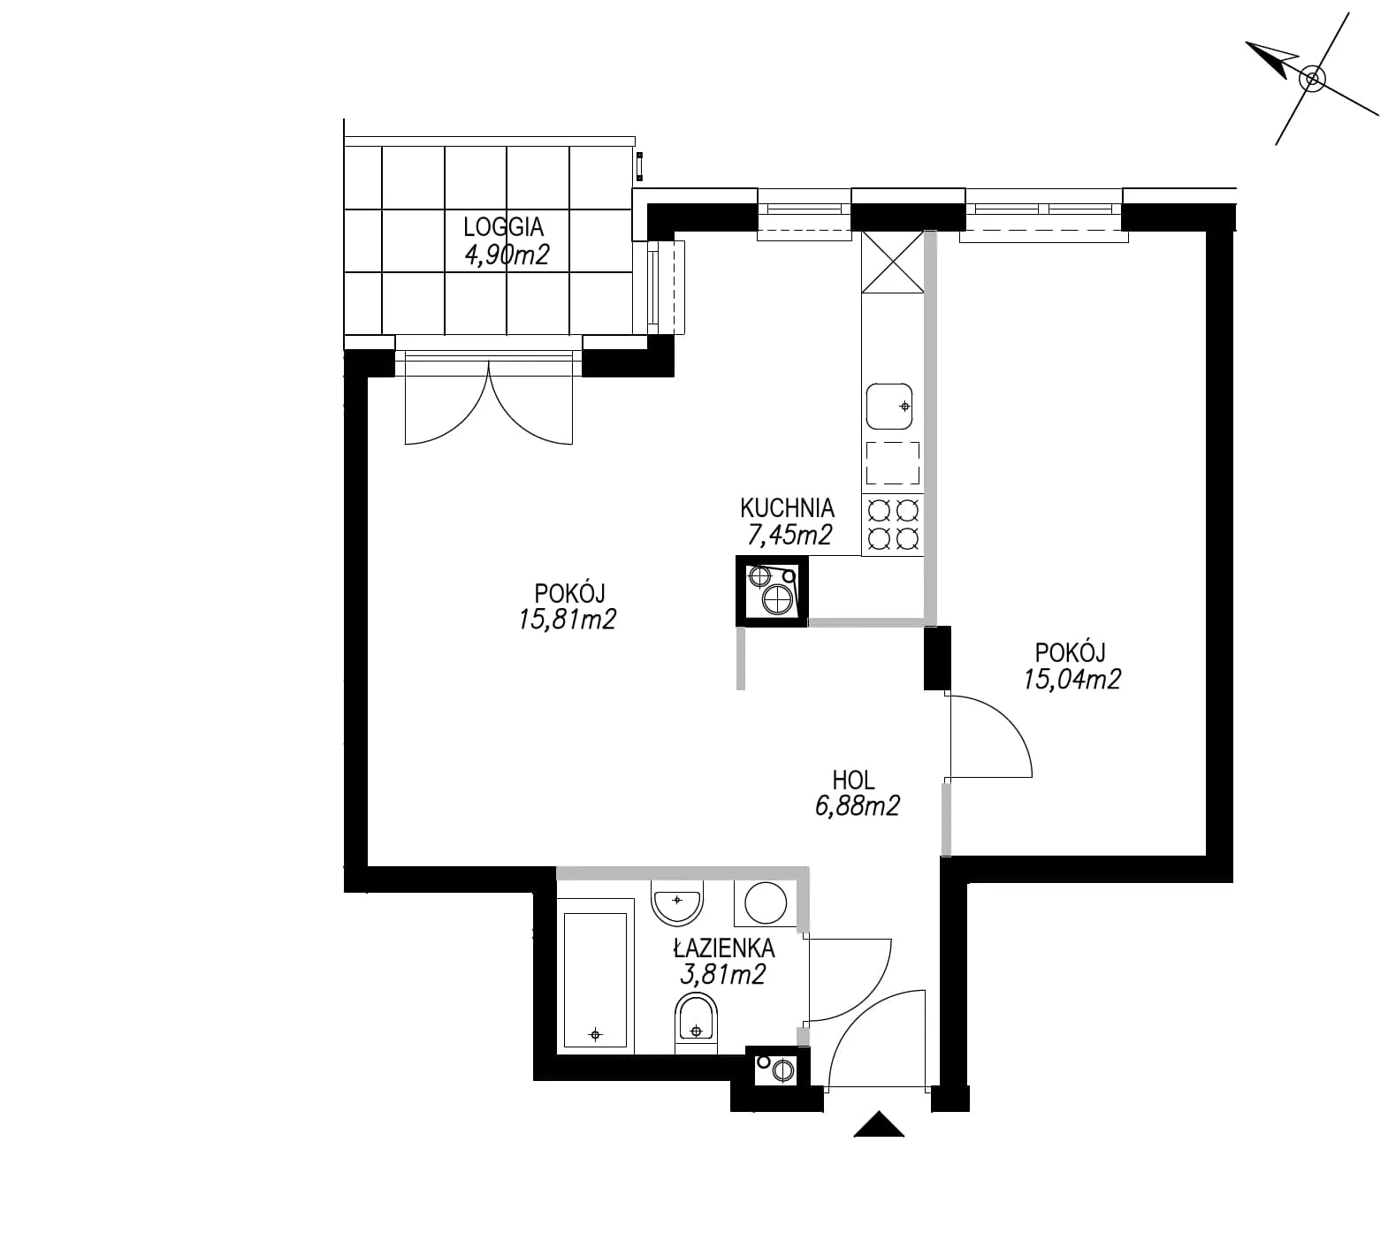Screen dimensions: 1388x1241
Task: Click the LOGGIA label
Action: (504, 227)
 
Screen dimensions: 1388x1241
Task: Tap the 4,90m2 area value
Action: (507, 255)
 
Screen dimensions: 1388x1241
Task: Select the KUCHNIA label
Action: (787, 508)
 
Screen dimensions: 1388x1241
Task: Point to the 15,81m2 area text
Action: (568, 620)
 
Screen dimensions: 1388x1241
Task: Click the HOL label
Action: (853, 780)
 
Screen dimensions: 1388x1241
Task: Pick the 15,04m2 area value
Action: (1072, 679)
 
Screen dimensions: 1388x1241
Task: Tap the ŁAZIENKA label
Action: (724, 948)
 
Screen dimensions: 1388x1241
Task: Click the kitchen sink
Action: (889, 407)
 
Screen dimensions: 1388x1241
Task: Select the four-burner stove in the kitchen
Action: (893, 524)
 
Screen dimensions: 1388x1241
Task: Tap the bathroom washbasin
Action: (676, 900)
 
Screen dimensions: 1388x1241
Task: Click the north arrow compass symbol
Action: (1312, 79)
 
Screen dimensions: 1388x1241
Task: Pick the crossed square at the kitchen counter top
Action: (892, 262)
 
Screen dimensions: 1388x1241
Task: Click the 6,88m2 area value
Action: (854, 805)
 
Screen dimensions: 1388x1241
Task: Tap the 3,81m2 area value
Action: (721, 974)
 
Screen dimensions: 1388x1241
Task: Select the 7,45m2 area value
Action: (787, 534)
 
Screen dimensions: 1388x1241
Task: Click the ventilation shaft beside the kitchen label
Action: (772, 591)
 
